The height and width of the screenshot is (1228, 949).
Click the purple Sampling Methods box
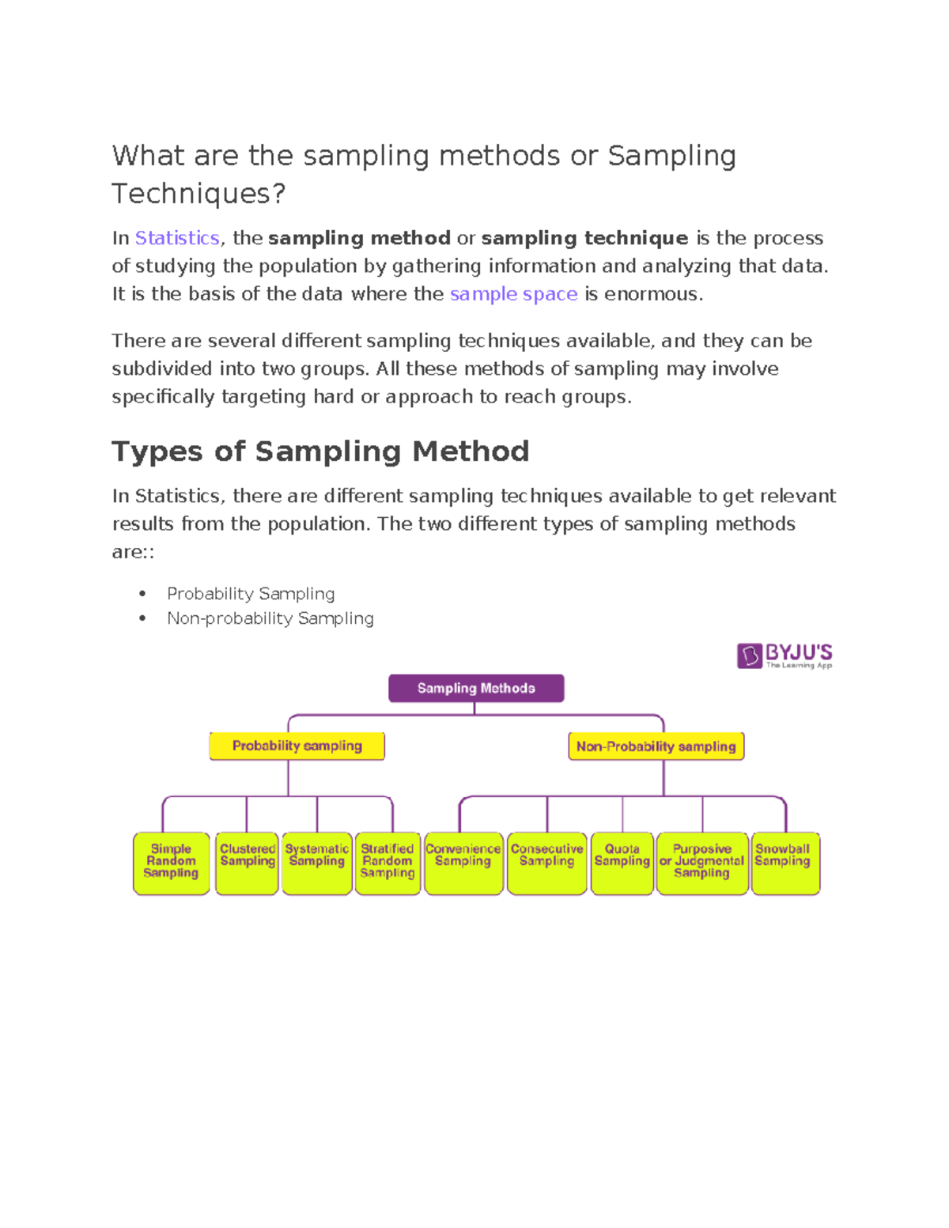click(476, 688)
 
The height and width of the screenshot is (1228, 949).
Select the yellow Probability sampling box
click(297, 746)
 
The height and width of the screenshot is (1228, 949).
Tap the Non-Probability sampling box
click(656, 746)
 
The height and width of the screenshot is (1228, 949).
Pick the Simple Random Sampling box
click(171, 863)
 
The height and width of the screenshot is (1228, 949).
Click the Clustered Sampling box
click(247, 863)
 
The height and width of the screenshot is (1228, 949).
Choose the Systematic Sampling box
click(316, 863)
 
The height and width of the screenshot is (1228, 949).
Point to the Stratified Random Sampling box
click(388, 863)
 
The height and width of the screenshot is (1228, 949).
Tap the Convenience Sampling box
click(463, 863)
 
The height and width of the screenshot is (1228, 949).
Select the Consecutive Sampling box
click(546, 863)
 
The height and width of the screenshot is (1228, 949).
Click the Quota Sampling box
click(622, 863)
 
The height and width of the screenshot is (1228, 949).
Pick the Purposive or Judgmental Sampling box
click(701, 863)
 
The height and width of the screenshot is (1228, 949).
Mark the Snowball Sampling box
click(785, 863)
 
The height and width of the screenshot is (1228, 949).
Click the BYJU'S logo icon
click(749, 656)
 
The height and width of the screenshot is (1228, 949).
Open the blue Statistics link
click(177, 238)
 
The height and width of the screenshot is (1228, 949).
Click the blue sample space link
click(513, 294)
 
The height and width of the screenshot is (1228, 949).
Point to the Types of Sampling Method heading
click(320, 452)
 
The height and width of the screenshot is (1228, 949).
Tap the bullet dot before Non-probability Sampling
click(142, 618)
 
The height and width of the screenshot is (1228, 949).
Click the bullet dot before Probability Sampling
click(142, 594)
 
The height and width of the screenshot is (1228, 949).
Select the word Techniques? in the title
click(198, 194)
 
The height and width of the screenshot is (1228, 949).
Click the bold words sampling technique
click(584, 238)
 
